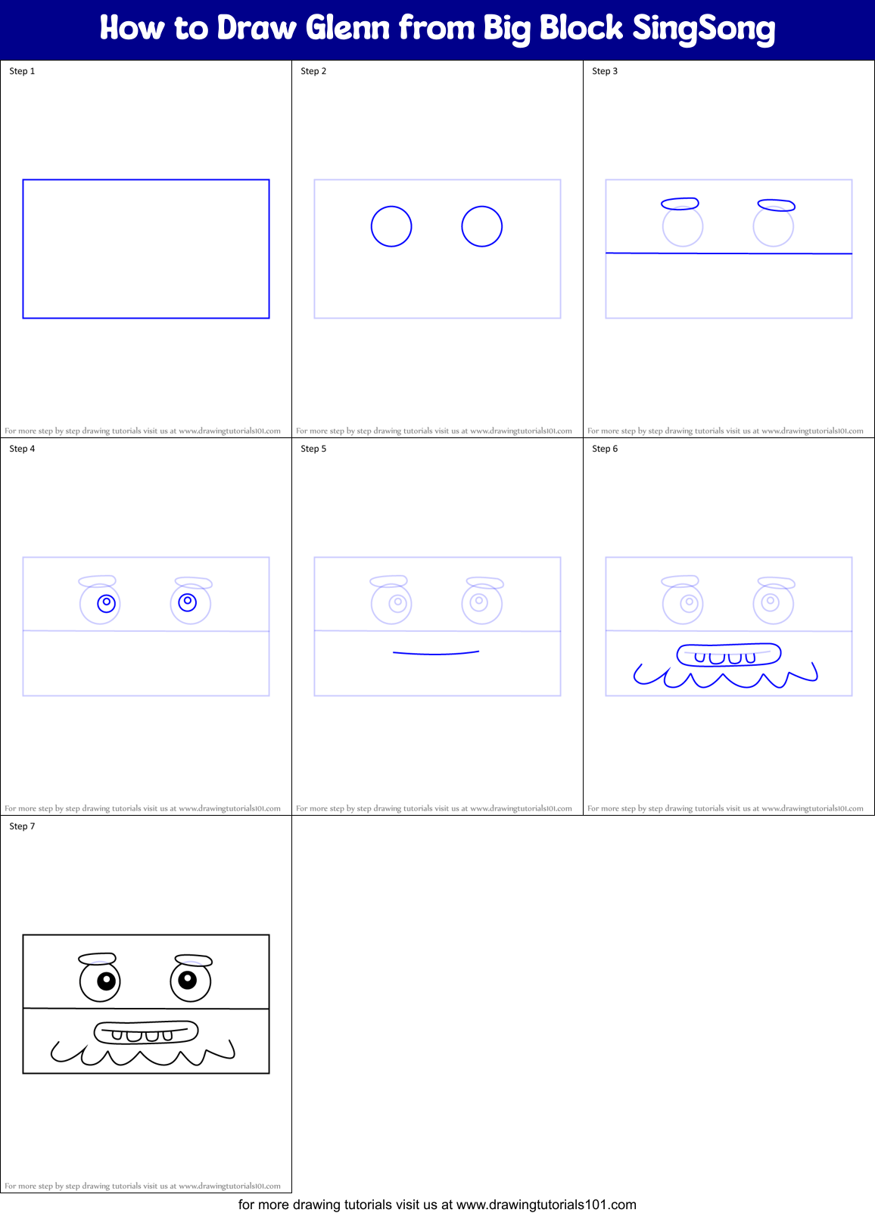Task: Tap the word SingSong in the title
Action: point(703,29)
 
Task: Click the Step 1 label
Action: point(22,71)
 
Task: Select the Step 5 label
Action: point(313,449)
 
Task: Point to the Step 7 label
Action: point(22,826)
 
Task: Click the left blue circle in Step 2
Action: point(391,226)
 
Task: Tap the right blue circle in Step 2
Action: point(482,226)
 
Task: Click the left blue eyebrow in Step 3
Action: point(680,204)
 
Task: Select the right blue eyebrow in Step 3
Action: point(776,205)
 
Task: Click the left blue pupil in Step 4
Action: point(107,603)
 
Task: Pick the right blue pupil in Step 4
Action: point(187,602)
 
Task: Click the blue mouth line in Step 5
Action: point(436,653)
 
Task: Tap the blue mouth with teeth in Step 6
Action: point(728,655)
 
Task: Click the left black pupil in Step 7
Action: point(106,981)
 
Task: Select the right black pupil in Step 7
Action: point(187,981)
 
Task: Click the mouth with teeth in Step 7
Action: point(146,1033)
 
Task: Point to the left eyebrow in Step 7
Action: point(97,959)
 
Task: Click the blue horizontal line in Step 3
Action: point(729,253)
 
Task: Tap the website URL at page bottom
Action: point(546,1205)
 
